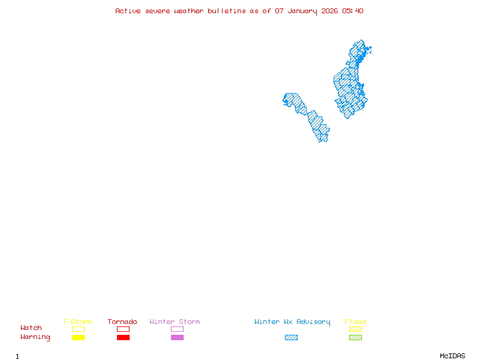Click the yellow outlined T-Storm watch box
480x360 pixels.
coord(78,329)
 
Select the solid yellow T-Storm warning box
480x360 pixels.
coord(78,337)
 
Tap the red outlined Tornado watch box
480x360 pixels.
coord(123,329)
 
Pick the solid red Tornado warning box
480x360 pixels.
coord(123,337)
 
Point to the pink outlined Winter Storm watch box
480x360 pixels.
coord(177,329)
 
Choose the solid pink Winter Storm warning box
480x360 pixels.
coord(177,337)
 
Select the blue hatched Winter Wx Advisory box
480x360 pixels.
coord(291,337)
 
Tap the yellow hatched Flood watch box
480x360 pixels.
coord(355,329)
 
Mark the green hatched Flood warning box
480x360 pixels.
coord(355,337)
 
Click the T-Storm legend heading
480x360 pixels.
coord(77,322)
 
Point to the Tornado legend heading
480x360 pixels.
coord(122,322)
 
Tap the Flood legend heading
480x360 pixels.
coord(355,322)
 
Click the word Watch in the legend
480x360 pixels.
coord(31,328)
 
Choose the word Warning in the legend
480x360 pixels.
coord(35,337)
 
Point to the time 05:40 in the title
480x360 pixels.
coord(353,11)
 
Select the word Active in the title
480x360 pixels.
coord(128,11)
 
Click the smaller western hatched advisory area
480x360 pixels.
coord(309,117)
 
